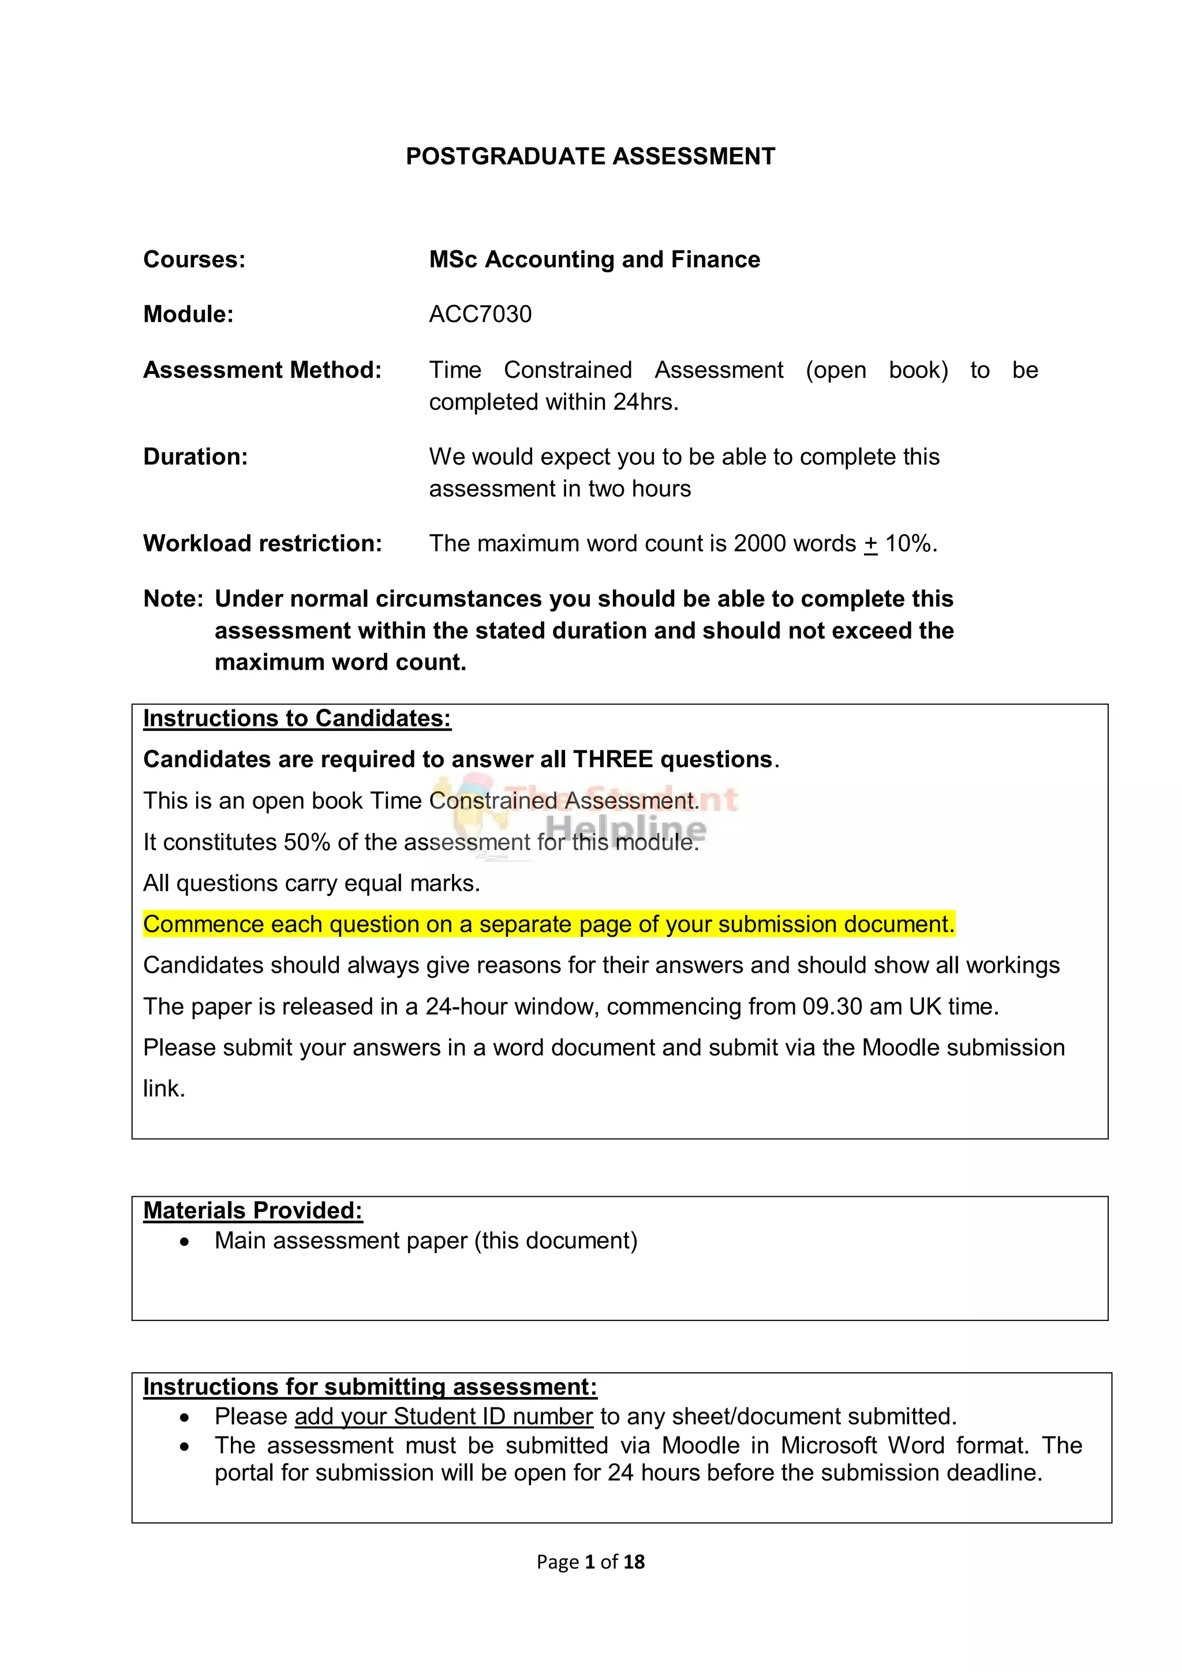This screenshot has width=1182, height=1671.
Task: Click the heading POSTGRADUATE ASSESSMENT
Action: pyautogui.click(x=590, y=156)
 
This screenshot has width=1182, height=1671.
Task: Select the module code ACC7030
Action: pyautogui.click(x=480, y=314)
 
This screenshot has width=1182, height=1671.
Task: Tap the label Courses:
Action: pyautogui.click(x=194, y=260)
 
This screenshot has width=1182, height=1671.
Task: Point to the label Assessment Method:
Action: pyautogui.click(x=262, y=370)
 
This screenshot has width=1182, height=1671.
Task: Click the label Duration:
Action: pyautogui.click(x=195, y=457)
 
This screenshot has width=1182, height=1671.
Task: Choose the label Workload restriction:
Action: pyautogui.click(x=262, y=544)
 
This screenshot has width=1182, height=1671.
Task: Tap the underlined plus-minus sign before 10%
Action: pyautogui.click(x=870, y=545)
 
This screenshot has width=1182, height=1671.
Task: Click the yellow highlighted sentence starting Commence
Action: pyautogui.click(x=548, y=924)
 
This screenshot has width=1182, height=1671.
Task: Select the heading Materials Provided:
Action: pyautogui.click(x=253, y=1210)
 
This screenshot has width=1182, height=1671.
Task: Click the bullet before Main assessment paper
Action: pyautogui.click(x=185, y=1242)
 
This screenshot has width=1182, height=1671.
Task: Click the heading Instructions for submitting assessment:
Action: pyautogui.click(x=370, y=1387)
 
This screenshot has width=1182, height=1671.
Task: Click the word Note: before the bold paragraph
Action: pyautogui.click(x=173, y=599)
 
